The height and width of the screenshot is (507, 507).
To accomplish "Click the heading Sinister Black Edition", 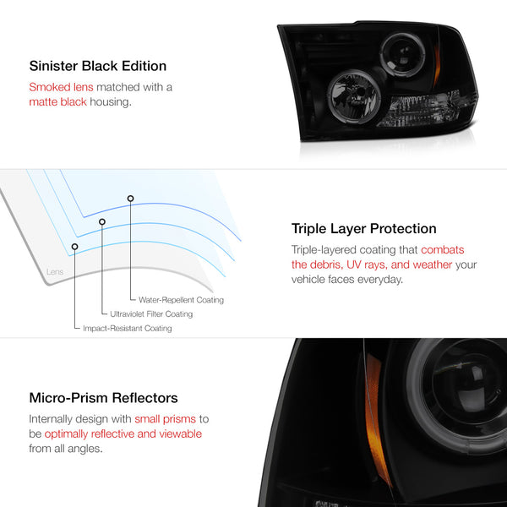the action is tap(98, 66).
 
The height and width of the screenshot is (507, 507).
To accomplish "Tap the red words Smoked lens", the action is tap(61, 87).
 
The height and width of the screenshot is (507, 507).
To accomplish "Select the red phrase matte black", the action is tap(57, 102).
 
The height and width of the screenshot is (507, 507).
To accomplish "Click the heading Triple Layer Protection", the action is tap(363, 229).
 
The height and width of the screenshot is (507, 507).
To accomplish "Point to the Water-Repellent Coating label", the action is tap(181, 300).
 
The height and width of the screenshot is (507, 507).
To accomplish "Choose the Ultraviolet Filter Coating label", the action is tap(151, 314).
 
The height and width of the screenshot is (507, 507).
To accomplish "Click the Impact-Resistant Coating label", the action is tap(128, 328).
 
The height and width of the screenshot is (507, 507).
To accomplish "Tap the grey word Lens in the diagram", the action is tap(55, 271).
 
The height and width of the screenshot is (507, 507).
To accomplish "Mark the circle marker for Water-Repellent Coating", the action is tap(130, 199).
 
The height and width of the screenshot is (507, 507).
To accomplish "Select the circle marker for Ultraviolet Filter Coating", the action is tap(102, 221).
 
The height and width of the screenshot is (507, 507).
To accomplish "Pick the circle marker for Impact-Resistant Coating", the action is tap(74, 247).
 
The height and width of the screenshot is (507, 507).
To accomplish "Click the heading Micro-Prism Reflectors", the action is tap(103, 398).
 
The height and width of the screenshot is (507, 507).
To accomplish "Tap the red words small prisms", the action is tap(166, 419).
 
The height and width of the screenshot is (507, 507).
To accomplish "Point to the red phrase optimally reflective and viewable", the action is tap(123, 434).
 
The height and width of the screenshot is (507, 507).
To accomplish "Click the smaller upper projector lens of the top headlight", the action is tap(403, 55).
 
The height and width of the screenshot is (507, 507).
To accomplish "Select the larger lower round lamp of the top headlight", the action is tap(354, 96).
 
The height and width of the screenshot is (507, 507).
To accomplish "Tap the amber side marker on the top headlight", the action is tap(437, 66).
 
